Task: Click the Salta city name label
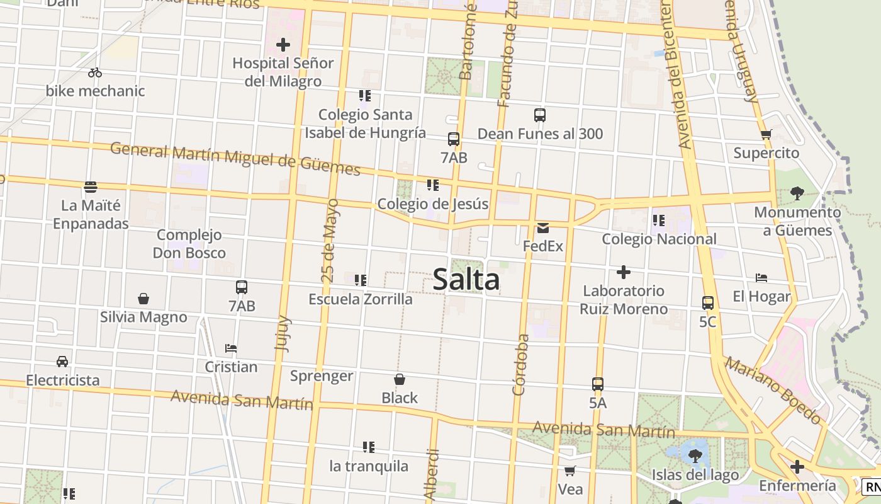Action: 466,280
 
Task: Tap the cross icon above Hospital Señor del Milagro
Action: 283,45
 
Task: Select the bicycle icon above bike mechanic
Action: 95,72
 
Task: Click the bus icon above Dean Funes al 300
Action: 540,115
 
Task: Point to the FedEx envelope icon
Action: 543,228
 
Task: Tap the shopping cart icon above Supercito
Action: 766,134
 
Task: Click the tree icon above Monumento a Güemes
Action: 797,193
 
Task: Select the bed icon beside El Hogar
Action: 761,278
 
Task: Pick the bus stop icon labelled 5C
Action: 708,303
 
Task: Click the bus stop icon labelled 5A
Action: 598,384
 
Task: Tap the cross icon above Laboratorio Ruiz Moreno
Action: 624,272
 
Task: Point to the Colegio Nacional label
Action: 659,239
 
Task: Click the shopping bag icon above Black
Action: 400,379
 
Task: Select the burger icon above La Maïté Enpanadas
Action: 91,187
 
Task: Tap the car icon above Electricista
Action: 62,362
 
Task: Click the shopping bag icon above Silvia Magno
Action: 143,299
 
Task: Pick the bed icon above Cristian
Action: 231,348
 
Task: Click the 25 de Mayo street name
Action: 329,241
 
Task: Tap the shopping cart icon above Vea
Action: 570,471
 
